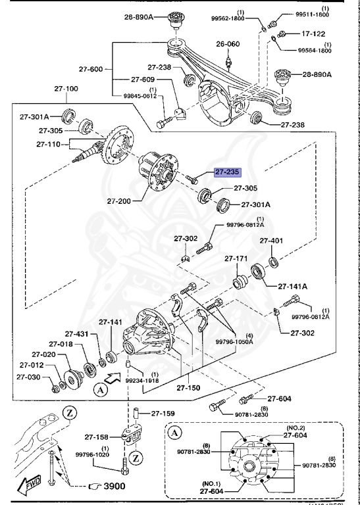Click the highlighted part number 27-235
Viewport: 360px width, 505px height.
click(x=227, y=172)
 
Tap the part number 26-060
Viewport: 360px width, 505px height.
click(x=227, y=45)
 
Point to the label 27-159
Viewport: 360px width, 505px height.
click(x=164, y=414)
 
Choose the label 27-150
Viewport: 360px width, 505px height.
click(x=189, y=388)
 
